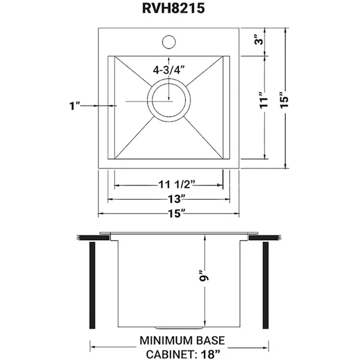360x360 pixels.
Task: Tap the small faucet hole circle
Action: (169, 43)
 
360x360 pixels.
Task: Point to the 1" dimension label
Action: (74, 106)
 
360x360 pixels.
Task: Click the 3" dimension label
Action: (259, 41)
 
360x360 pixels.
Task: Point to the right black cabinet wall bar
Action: (264, 286)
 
